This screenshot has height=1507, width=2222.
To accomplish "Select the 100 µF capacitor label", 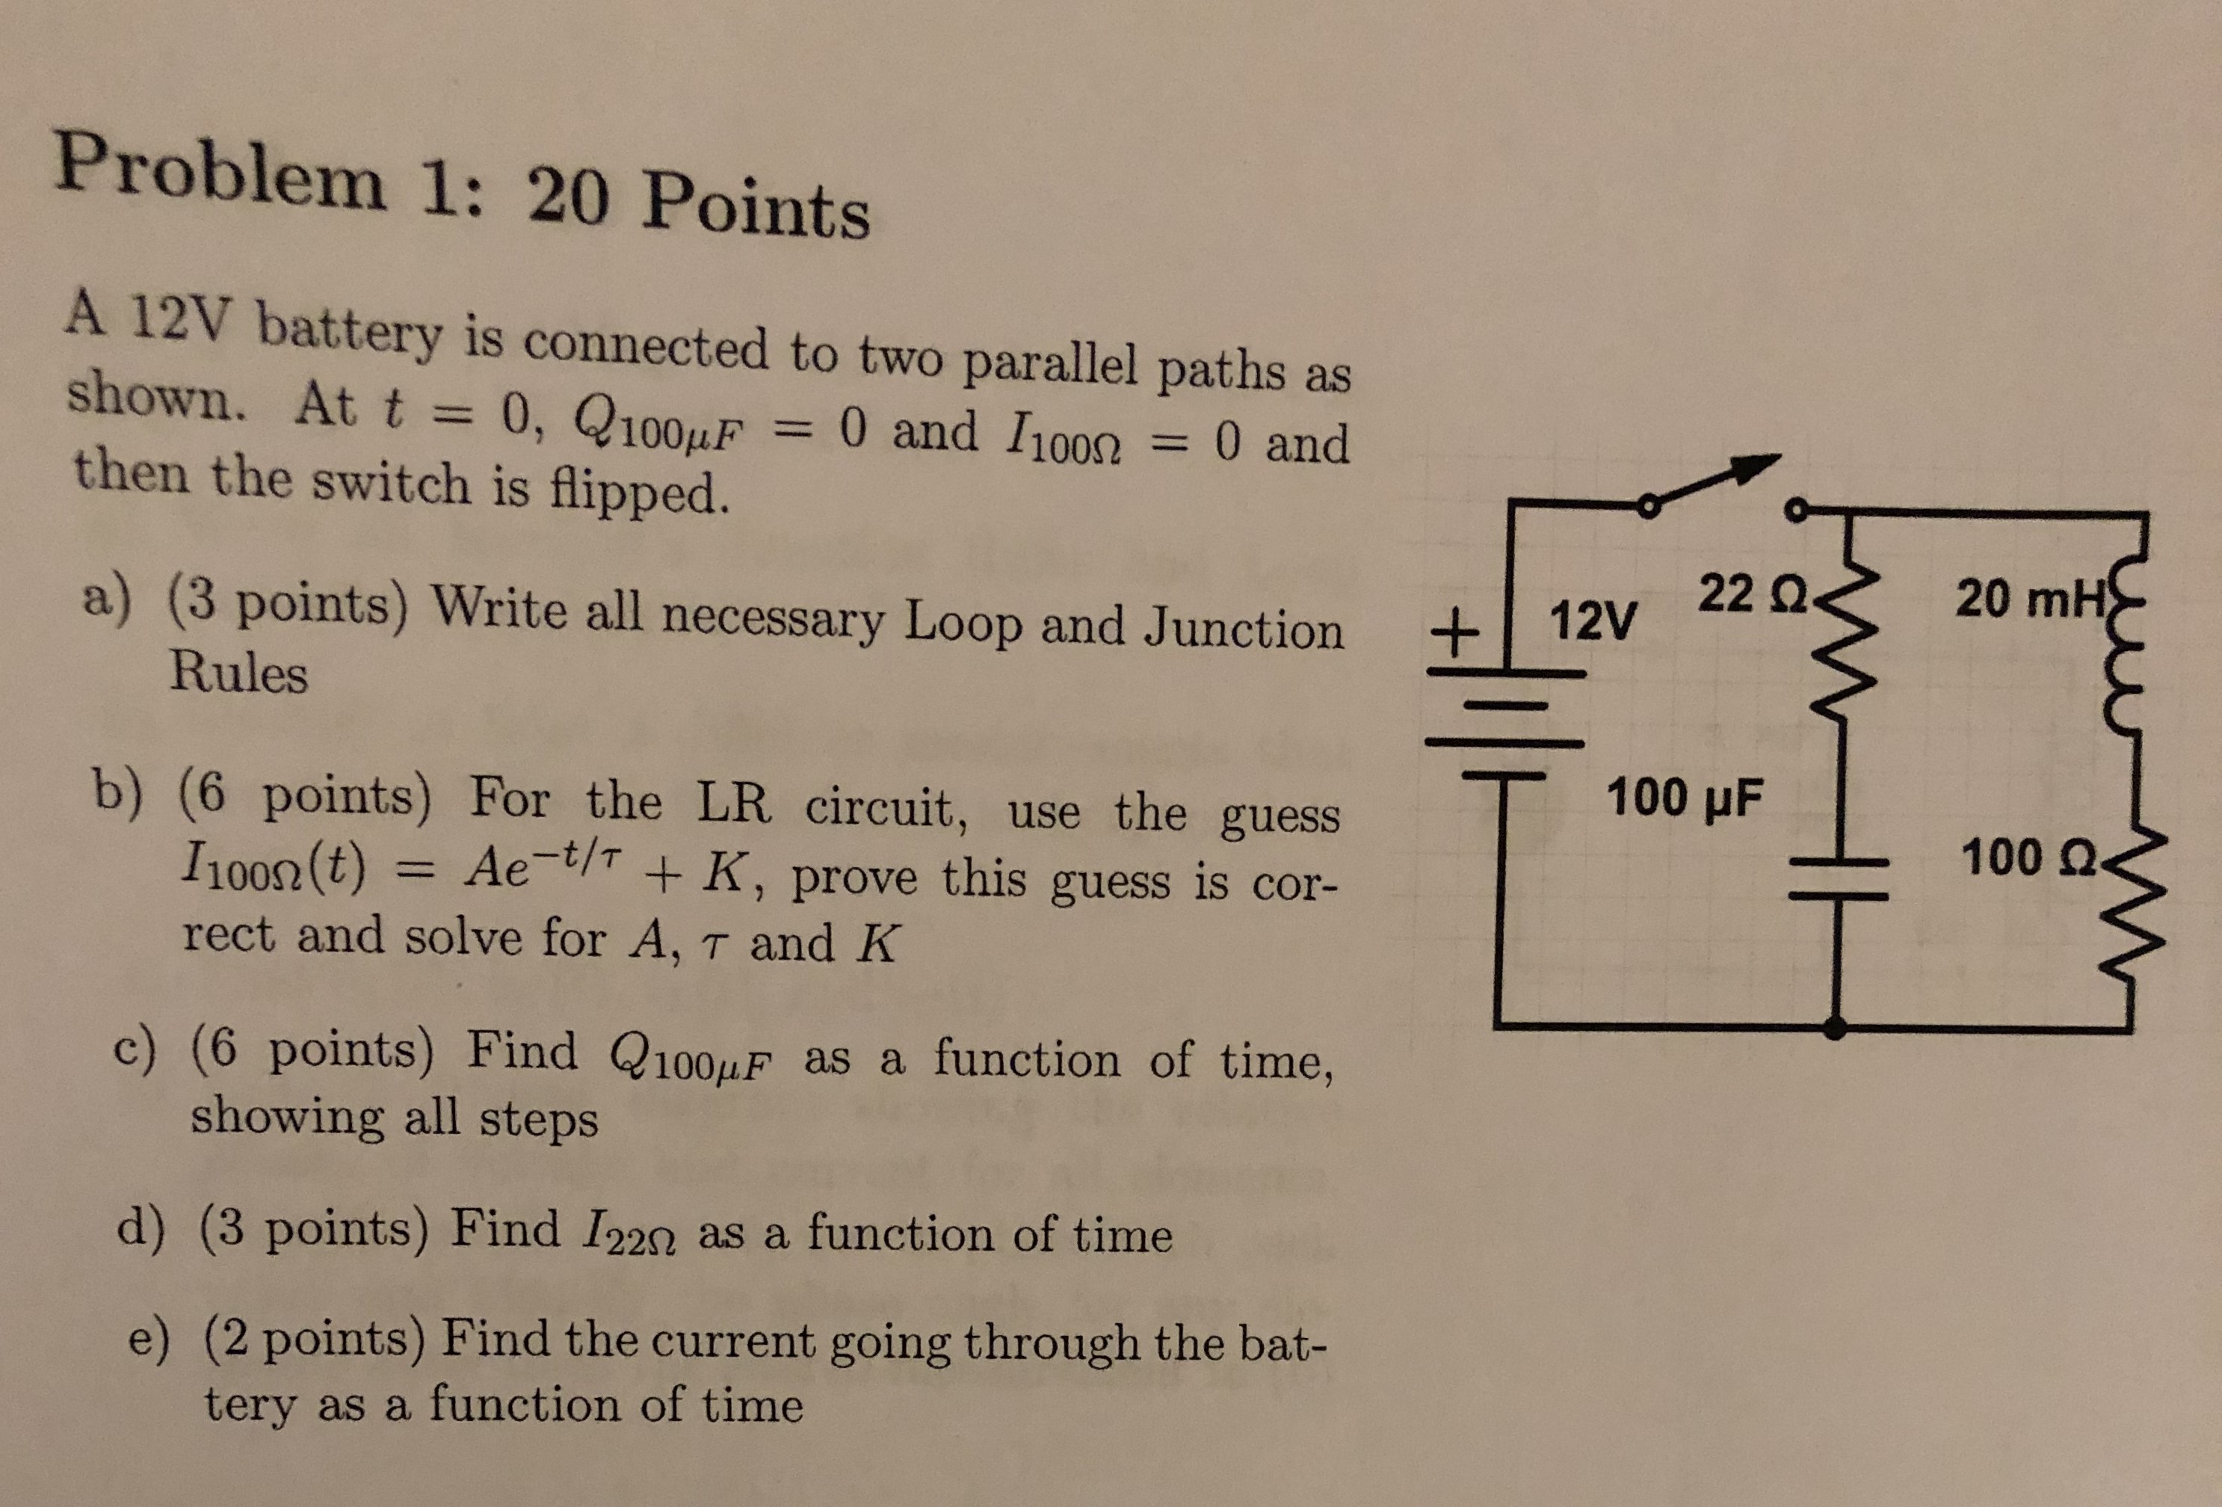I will pyautogui.click(x=1685, y=798).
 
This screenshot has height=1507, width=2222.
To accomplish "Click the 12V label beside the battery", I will pyautogui.click(x=1593, y=620).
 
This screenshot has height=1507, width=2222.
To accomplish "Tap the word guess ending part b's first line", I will pyautogui.click(x=1281, y=815).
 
